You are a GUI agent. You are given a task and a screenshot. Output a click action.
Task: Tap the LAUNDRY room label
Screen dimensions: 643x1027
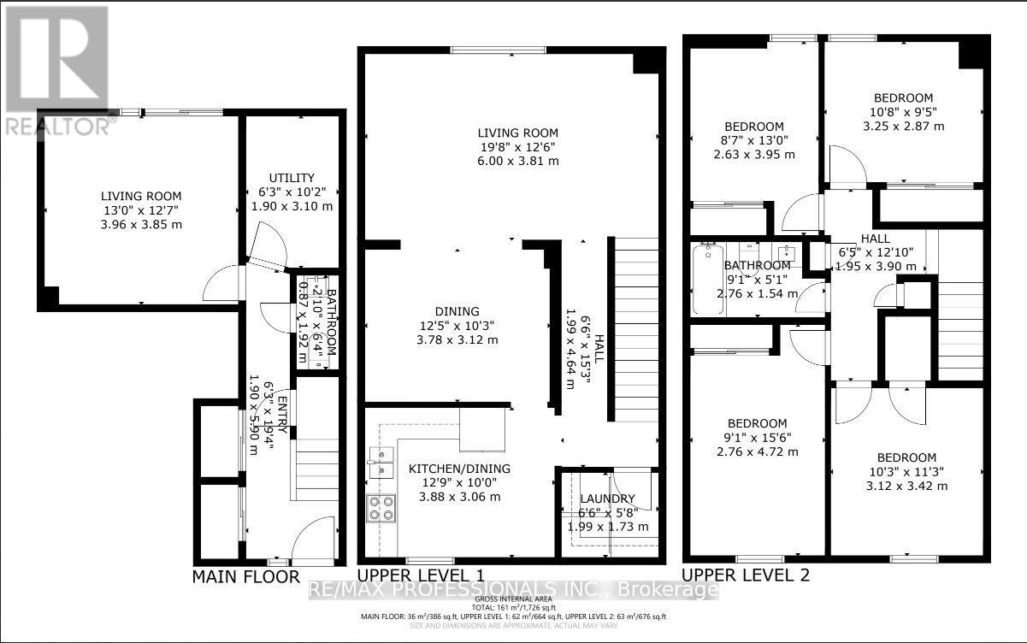608,498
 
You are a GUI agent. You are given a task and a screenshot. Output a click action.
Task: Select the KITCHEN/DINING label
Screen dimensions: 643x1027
458,469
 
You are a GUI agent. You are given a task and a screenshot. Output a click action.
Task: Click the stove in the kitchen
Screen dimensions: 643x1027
381,508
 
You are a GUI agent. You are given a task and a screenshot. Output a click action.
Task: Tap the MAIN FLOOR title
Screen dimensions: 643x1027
245,577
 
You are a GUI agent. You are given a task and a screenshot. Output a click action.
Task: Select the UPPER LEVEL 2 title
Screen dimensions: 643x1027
745,575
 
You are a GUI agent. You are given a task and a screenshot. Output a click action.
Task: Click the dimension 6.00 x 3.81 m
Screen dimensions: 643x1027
517,161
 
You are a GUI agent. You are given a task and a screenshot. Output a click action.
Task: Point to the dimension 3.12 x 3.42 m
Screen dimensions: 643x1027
906,486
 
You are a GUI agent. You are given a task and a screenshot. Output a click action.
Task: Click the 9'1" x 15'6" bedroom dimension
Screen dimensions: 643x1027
757,437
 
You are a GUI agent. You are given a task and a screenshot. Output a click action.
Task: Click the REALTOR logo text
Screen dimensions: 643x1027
56,125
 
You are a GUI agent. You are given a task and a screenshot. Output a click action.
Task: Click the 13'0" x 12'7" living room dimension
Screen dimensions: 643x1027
141,210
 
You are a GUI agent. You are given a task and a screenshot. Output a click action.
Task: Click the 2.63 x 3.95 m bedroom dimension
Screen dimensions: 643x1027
754,155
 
